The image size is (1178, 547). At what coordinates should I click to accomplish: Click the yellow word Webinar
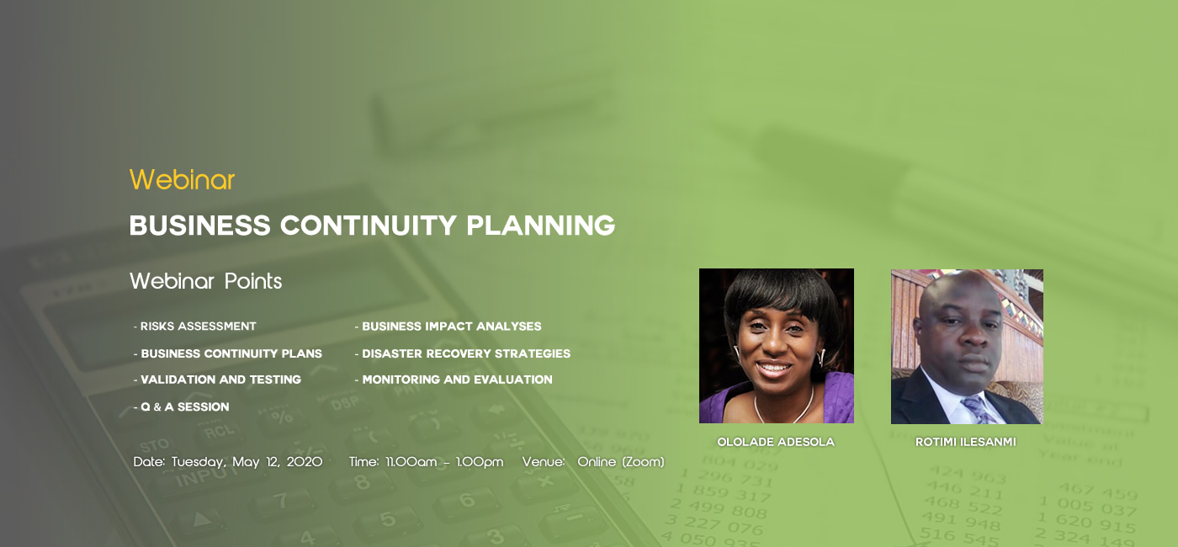point(182,179)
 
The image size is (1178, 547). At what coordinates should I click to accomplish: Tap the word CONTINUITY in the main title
point(369,226)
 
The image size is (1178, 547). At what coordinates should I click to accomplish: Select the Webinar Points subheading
point(205,281)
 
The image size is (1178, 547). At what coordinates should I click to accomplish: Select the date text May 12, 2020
point(277,462)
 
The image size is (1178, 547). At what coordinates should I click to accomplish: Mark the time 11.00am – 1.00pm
point(444,462)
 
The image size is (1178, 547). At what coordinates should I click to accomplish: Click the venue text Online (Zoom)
point(621,462)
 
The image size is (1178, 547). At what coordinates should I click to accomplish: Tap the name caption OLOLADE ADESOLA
point(776,442)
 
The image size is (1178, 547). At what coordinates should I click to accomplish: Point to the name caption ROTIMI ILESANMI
point(966,442)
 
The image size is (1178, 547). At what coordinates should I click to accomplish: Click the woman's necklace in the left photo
point(783,407)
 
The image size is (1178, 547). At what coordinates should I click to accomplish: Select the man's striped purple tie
point(979,410)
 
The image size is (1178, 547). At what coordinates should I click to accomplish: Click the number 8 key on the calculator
point(362,481)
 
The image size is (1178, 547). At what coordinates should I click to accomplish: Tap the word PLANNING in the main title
point(540,226)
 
